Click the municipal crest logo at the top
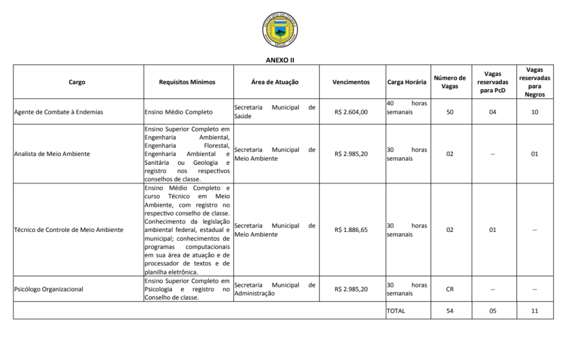[x=280, y=31]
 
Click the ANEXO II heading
[x=280, y=59]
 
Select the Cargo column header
[x=77, y=82]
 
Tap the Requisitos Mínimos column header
[x=187, y=82]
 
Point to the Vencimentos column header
[x=351, y=82]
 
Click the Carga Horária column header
[x=407, y=82]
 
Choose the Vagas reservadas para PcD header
[x=492, y=82]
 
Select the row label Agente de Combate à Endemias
[x=58, y=112]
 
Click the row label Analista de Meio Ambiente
[x=52, y=154]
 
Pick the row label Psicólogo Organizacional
[x=48, y=289]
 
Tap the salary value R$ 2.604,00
[x=351, y=112]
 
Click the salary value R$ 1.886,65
[x=351, y=230]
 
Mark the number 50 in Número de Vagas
[x=450, y=112]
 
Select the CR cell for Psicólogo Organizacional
[x=450, y=289]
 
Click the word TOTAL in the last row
[x=396, y=311]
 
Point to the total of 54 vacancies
[x=450, y=311]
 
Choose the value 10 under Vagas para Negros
[x=535, y=112]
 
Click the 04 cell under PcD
[x=493, y=112]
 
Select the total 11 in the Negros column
[x=535, y=311]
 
